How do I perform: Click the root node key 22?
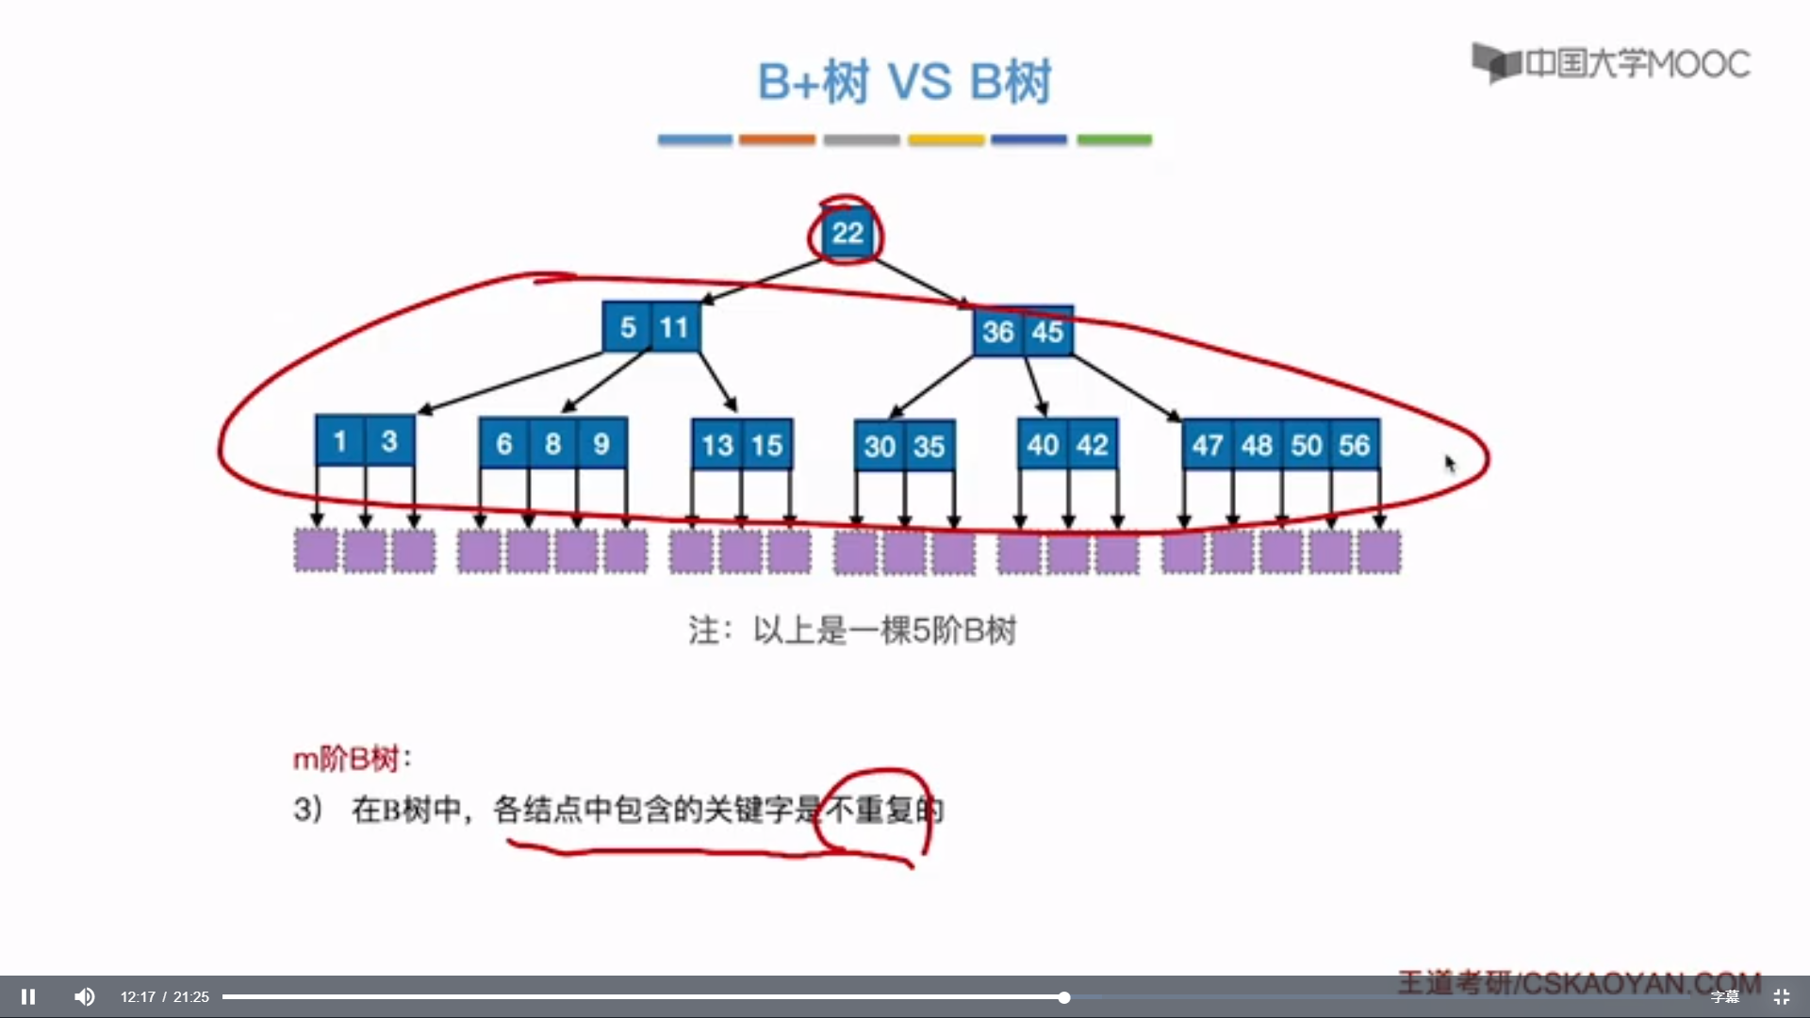click(847, 233)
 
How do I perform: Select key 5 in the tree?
click(628, 328)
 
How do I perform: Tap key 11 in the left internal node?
click(674, 328)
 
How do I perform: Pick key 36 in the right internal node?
click(997, 332)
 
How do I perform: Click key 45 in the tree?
click(1047, 332)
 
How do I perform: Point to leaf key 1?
click(340, 441)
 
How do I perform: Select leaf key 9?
click(601, 444)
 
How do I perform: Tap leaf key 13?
click(716, 445)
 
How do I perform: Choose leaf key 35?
click(929, 446)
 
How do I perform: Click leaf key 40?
click(1043, 445)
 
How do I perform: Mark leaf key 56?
click(1354, 445)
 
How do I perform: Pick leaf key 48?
click(1257, 445)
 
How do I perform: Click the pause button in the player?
click(28, 996)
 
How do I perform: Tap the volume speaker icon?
click(85, 996)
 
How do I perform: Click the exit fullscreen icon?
click(1782, 996)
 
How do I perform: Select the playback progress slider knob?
click(1063, 997)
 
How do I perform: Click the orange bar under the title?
click(777, 140)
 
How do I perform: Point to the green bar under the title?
click(1114, 140)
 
